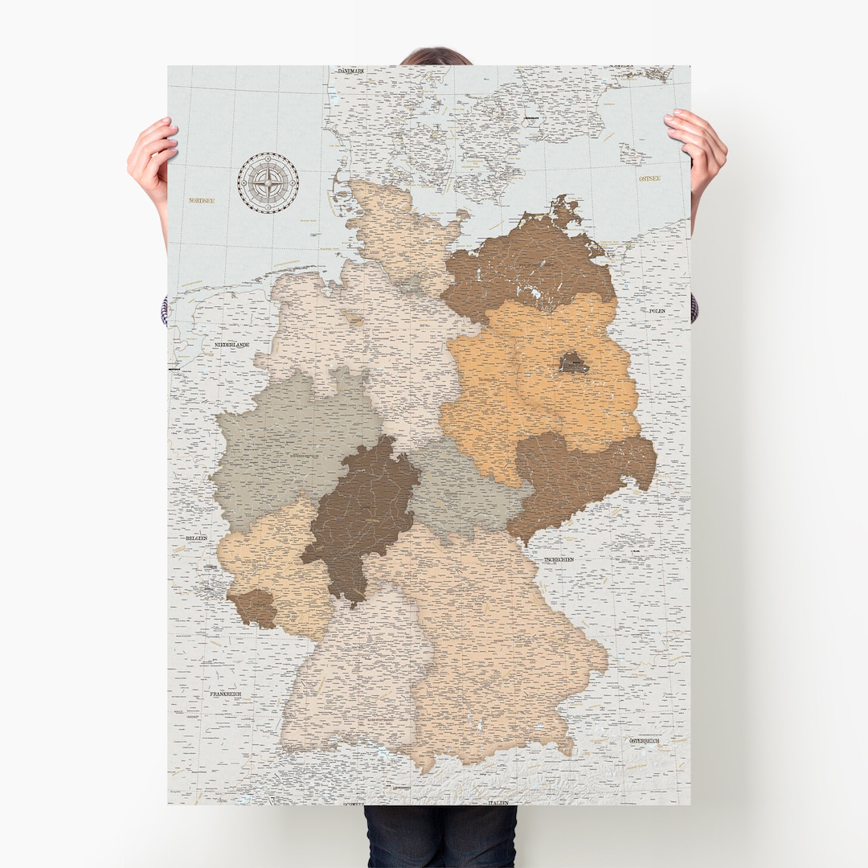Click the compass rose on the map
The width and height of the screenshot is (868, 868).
click(x=268, y=182)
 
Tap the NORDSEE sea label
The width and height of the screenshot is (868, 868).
click(x=202, y=200)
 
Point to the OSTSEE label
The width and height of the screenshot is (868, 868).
click(x=649, y=178)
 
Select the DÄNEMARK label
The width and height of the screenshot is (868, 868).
click(x=351, y=71)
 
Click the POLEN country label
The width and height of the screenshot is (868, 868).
click(x=657, y=309)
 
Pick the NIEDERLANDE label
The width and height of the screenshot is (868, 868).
click(x=231, y=345)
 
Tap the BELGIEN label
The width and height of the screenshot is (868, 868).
click(x=196, y=538)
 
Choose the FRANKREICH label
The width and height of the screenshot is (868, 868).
click(x=226, y=693)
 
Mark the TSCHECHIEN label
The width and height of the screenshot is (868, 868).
click(x=559, y=559)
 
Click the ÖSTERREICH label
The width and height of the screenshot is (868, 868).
click(x=644, y=740)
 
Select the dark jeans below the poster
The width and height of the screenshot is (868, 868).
click(x=440, y=836)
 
